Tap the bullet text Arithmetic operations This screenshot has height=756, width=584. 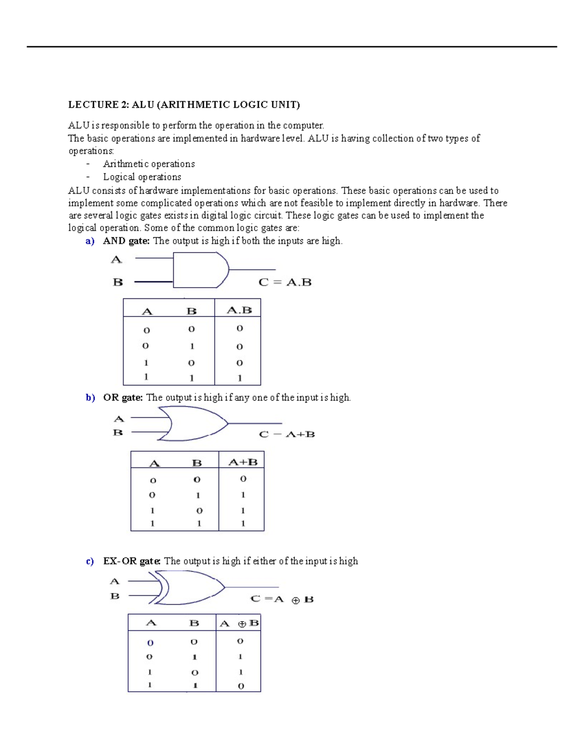148,164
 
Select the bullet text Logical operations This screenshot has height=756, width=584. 142,177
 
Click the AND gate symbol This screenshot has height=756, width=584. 200,270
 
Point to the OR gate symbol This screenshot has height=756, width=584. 195,424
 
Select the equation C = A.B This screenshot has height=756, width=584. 285,282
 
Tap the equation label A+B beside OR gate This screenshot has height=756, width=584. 300,434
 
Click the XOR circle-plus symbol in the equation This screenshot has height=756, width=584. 295,601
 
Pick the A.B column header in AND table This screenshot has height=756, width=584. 239,310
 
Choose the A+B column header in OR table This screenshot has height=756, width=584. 242,462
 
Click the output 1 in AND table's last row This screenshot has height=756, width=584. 239,378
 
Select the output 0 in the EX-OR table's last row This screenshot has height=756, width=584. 240,686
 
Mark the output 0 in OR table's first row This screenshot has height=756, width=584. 243,479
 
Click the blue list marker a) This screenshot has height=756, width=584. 90,241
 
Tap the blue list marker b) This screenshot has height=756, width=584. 90,398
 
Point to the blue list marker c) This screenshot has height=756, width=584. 90,561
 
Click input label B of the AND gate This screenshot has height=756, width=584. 118,282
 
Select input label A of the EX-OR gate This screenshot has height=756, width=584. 114,581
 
